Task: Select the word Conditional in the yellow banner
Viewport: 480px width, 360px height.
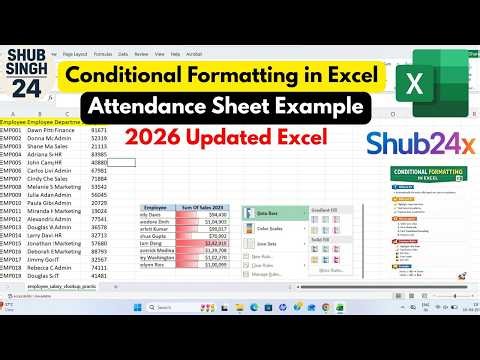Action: click(x=153, y=74)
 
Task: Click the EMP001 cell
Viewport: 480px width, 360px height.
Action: click(x=11, y=130)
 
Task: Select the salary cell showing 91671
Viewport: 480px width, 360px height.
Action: click(x=99, y=130)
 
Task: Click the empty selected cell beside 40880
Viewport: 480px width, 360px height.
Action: click(x=121, y=161)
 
